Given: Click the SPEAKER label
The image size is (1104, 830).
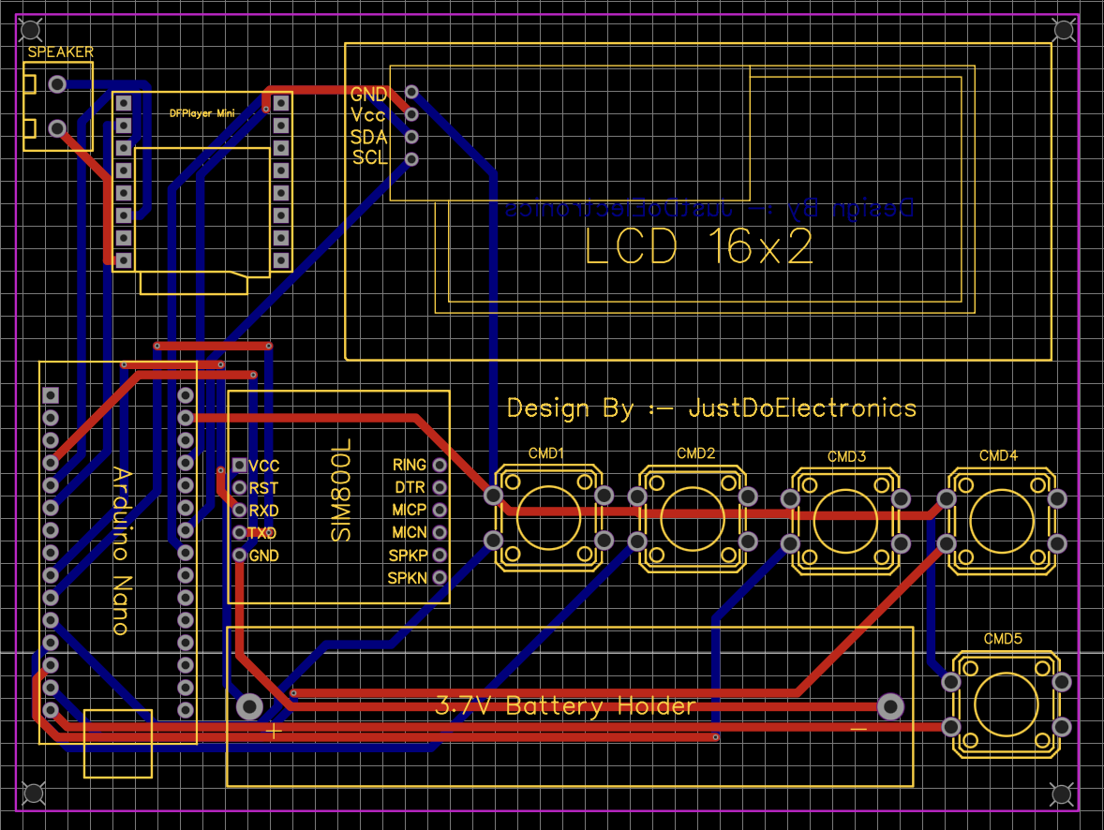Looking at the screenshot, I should [60, 52].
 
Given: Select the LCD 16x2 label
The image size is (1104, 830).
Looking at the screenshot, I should [698, 247].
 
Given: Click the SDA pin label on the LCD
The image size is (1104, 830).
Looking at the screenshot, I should [368, 137].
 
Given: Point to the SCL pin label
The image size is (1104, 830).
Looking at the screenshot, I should [369, 158].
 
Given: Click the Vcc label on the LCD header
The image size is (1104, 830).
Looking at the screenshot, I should [368, 115].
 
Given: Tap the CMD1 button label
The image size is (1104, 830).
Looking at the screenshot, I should [546, 453].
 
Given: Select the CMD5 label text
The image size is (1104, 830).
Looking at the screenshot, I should [1003, 639].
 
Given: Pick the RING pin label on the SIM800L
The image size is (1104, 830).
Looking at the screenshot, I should [410, 465].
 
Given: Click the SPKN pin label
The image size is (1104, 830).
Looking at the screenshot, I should [408, 578].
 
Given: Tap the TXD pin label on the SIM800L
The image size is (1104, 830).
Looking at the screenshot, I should [263, 533].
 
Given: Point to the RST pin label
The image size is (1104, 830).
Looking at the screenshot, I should [263, 488].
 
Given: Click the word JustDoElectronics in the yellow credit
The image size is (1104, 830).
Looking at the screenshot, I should [802, 408].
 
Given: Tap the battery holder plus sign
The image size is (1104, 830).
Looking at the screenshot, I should [273, 731].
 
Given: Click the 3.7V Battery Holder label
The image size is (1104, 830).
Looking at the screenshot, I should [566, 706].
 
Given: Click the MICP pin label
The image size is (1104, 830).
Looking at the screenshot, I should [409, 510].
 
